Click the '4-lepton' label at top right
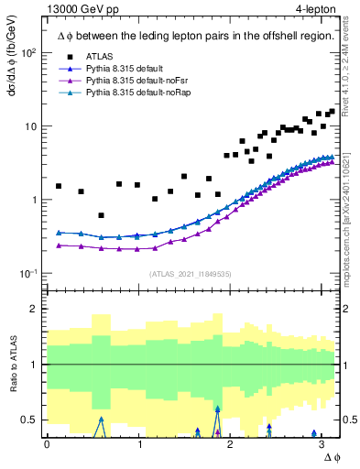[315, 8]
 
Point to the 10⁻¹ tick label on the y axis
[28, 274]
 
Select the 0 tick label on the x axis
[47, 443]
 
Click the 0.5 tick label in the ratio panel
[30, 420]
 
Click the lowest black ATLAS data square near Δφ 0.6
[101, 215]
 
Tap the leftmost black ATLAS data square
[59, 186]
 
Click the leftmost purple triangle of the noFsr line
[59, 245]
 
